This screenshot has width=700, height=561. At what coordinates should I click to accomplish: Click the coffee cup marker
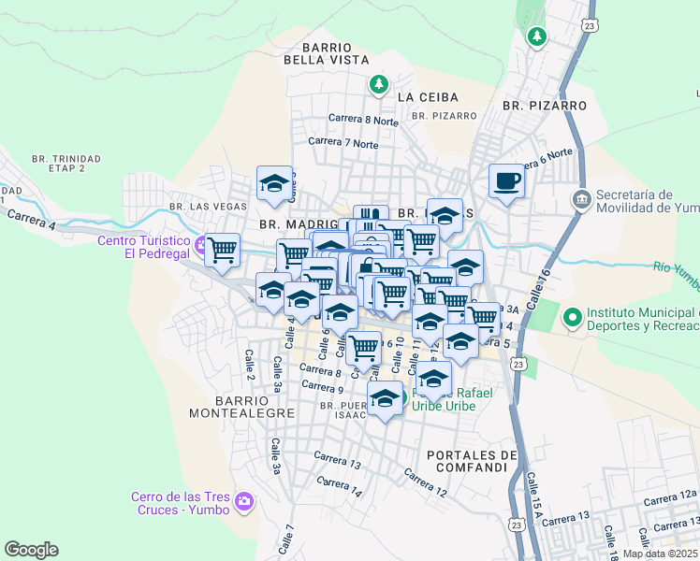507,180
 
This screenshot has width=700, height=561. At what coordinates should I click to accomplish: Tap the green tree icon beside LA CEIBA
378,85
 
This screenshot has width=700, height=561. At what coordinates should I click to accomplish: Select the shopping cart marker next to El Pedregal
223,251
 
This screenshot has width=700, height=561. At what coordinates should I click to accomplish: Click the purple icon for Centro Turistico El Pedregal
200,245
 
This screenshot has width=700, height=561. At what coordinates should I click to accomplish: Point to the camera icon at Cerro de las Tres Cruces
244,502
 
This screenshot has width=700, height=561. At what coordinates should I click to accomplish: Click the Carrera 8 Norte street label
362,120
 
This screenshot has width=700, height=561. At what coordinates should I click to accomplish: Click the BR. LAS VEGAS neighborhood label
198,206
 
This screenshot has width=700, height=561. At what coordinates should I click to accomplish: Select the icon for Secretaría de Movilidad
581,199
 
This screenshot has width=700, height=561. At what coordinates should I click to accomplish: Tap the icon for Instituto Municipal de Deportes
573,318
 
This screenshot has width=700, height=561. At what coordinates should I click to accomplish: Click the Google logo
31,550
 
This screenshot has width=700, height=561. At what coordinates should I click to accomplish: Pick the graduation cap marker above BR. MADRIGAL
274,183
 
